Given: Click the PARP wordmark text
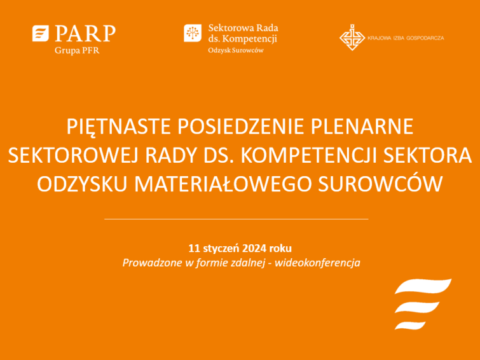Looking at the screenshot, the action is point(85,33).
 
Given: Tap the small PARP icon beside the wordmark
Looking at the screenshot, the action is point(41,33).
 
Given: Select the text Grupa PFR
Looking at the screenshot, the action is point(77,50).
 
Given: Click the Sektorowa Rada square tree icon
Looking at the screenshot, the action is point(193,33).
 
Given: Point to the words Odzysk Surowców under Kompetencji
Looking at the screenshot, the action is point(236,50).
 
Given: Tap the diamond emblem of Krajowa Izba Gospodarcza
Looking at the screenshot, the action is point(352,38).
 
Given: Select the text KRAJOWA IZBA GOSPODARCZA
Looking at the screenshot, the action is point(406,38).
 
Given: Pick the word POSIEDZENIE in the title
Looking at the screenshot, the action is point(241,126).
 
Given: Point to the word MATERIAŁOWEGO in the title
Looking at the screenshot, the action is point(223,184).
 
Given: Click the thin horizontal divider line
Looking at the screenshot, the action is point(236,219).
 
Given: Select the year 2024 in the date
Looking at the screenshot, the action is point(254,248).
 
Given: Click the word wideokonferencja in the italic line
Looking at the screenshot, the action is point(317,263).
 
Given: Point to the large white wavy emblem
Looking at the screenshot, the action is point(423,304).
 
